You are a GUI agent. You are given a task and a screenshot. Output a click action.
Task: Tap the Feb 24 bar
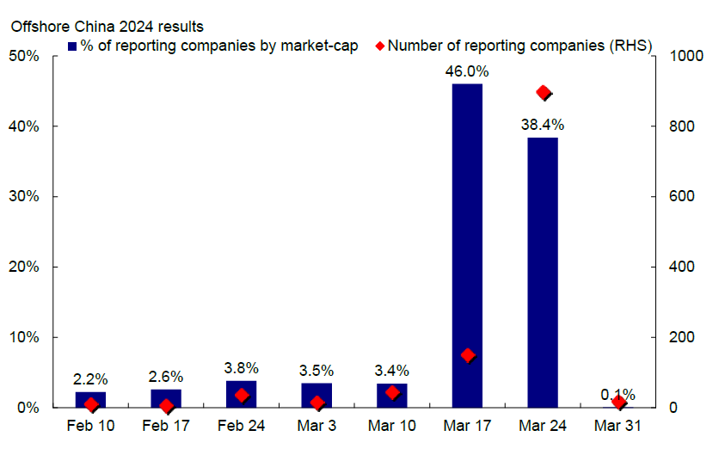(241, 393)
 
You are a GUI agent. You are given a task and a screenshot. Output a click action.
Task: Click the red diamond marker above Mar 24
(543, 93)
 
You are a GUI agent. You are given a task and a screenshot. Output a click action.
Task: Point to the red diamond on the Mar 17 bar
(468, 355)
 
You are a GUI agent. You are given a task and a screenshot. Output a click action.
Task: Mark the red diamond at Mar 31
(618, 403)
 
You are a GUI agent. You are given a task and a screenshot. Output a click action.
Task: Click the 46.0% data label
(467, 71)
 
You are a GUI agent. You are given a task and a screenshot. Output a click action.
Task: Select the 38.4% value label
(543, 125)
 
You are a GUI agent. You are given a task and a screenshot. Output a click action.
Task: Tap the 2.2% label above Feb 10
(90, 379)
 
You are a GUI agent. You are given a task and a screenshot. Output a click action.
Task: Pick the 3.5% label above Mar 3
(316, 371)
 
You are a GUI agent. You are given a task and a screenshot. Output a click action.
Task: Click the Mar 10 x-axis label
(391, 426)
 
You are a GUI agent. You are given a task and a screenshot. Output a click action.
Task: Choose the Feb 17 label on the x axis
(166, 426)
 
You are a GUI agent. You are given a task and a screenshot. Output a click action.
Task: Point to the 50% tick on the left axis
(23, 57)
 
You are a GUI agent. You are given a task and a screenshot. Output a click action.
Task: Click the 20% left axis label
(23, 267)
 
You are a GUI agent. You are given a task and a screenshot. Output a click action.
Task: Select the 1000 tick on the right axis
(675, 57)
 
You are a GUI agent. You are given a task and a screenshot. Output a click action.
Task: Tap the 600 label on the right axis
(672, 197)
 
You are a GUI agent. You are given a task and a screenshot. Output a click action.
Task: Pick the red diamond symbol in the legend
(379, 44)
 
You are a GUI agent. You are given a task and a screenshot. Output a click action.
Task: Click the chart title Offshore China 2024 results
(108, 26)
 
